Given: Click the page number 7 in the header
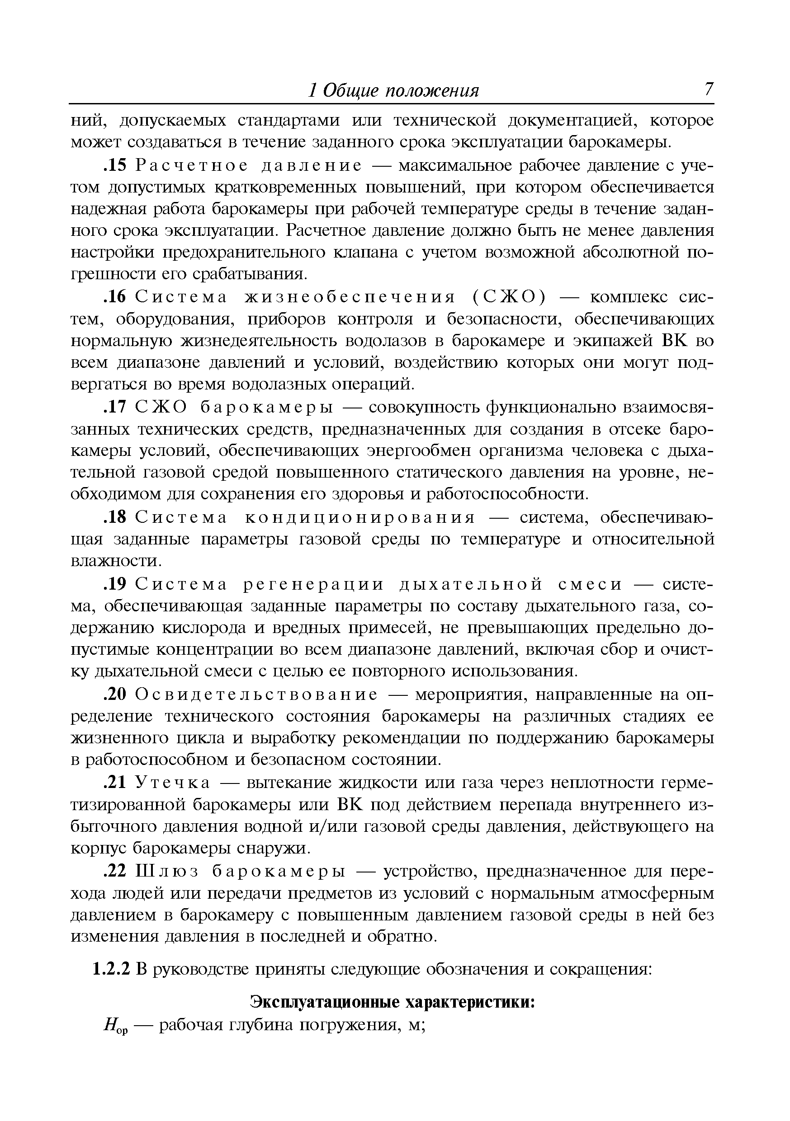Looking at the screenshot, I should point(708,90).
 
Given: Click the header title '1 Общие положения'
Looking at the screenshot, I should point(394,91).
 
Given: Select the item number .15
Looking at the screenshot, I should point(115,166).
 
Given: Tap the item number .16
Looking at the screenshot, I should point(115,297).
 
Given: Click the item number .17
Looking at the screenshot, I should point(115,407).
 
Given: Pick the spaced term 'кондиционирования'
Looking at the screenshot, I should point(360,517).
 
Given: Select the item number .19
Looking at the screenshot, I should point(115,584).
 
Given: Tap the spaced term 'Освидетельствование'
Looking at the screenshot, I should point(256,694).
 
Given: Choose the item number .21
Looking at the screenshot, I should point(115,783).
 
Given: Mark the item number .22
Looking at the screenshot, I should point(115,871).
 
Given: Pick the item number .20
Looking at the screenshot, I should point(115,694).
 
